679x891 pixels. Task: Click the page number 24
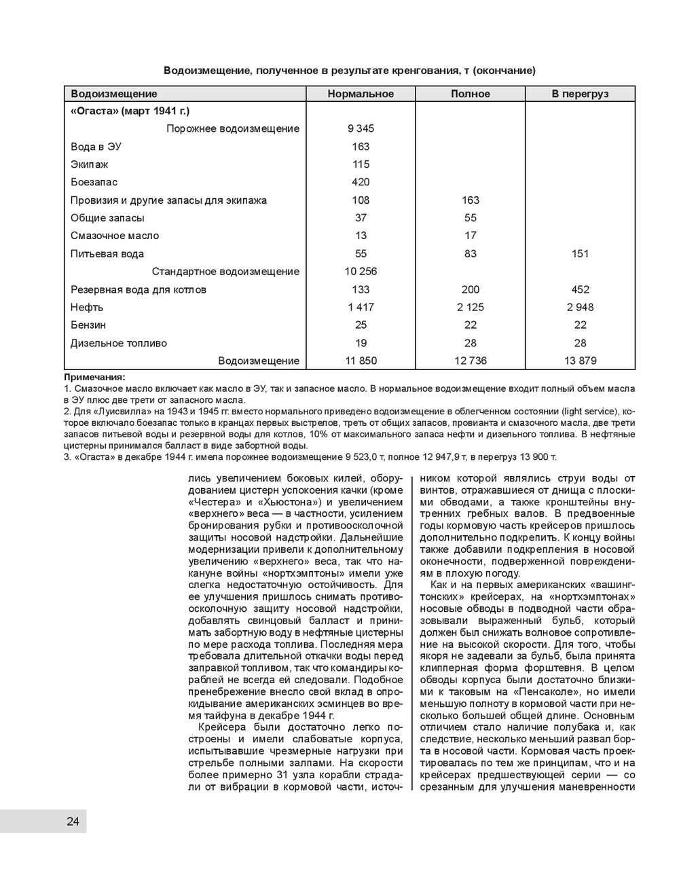73,822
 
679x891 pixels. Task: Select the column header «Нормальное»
361,94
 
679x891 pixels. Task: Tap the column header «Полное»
470,94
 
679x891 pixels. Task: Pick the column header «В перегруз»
580,94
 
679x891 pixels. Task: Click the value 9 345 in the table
361,128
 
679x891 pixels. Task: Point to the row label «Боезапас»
94,182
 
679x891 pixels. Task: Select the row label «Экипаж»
89,164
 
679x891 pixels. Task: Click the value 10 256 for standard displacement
361,272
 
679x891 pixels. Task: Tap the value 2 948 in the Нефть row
580,307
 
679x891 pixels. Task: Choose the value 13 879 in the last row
580,361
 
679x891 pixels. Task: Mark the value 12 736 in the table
470,361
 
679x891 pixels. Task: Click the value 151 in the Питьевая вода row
580,254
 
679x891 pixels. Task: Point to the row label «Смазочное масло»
115,236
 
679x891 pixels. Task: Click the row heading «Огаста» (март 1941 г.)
130,111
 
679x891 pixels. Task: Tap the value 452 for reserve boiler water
580,289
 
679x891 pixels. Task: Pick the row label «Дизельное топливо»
119,343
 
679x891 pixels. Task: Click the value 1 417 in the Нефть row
361,307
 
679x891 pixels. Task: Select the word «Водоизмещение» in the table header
113,94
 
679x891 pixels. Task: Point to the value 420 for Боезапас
361,182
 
